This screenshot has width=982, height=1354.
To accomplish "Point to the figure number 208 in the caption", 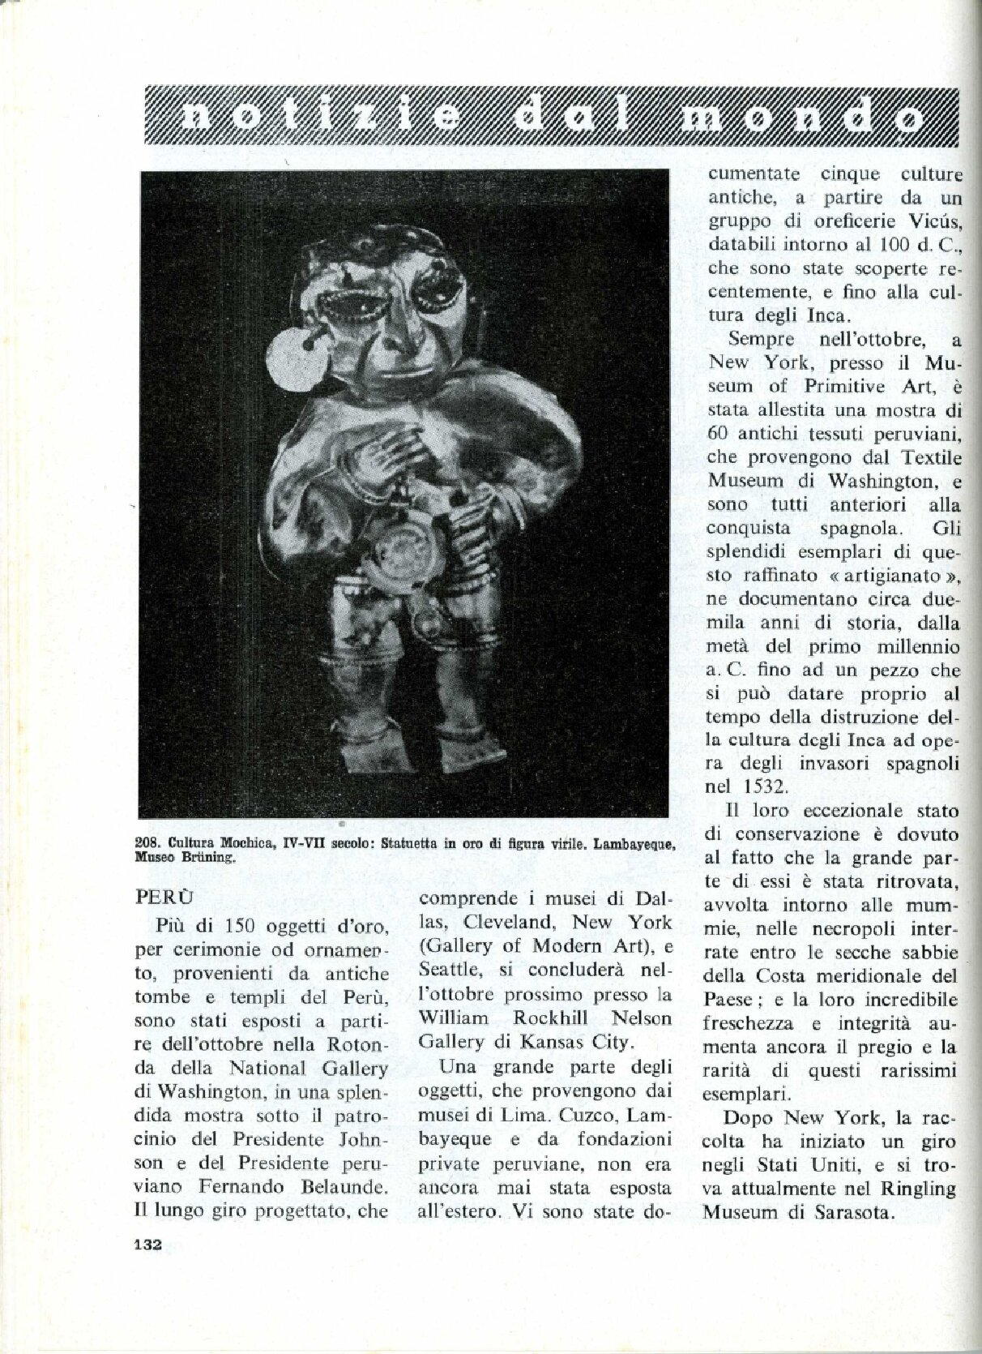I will tap(146, 842).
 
